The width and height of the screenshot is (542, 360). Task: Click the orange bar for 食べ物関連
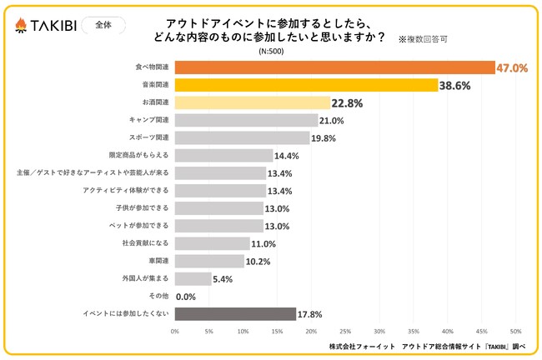334,67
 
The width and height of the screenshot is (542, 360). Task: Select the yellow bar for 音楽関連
306,85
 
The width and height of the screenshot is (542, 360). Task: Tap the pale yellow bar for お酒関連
253,102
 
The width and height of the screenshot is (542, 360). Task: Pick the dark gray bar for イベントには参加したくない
235,314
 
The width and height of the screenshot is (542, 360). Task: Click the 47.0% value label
511,68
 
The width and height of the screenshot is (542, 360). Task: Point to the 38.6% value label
459,85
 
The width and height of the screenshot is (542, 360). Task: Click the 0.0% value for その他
185,297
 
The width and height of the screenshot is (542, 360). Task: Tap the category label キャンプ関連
150,120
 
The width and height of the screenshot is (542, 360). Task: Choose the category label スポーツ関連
150,137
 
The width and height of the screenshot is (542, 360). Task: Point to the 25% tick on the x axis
345,331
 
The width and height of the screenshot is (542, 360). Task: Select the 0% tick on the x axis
175,331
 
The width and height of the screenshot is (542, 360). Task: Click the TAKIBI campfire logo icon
23,26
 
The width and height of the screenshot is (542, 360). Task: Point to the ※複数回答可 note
422,38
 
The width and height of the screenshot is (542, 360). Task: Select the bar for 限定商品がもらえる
223,155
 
